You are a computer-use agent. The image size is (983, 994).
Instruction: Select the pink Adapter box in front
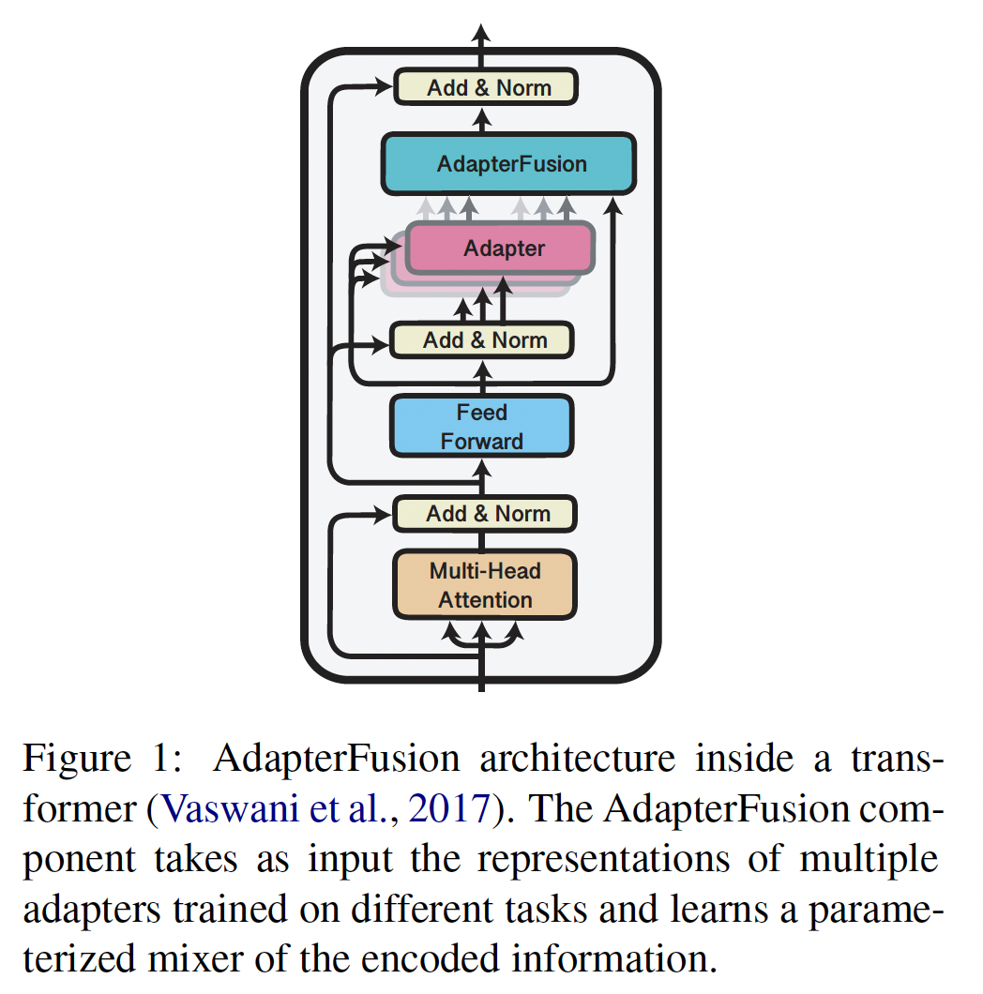point(501,248)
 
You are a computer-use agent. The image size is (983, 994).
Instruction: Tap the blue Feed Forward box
point(481,427)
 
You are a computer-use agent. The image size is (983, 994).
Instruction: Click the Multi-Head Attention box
point(484,585)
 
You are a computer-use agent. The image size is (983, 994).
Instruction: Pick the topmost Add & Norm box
point(485,88)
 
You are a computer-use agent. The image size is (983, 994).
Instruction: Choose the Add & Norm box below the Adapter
point(481,339)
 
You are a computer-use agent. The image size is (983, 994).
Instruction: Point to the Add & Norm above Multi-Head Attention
point(484,514)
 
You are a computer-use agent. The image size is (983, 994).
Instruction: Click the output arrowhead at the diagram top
point(482,36)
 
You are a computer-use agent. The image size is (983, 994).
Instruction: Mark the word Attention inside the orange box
point(485,600)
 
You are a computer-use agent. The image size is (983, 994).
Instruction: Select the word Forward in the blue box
point(482,441)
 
